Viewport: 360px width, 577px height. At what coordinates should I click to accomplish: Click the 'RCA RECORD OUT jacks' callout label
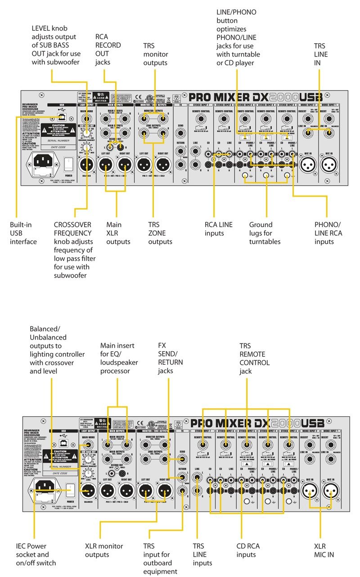point(108,49)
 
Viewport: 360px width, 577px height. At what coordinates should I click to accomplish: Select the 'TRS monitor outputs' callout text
point(155,54)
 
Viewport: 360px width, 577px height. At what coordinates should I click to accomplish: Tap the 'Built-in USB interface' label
point(23,233)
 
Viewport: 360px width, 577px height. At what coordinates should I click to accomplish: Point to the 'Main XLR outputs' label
point(118,233)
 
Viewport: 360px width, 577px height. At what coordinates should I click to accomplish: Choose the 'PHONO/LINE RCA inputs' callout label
point(328,233)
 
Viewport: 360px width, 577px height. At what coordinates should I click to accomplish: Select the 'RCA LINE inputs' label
point(218,228)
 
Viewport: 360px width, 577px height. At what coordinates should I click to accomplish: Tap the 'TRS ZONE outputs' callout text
point(160,233)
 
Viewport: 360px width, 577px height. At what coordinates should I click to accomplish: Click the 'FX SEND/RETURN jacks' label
point(170,358)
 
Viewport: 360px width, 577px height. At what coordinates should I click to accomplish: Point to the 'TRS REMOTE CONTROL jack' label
point(254,358)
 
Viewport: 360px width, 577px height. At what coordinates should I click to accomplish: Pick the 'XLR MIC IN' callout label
point(324,550)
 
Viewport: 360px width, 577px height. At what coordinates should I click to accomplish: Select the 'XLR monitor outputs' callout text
point(104,550)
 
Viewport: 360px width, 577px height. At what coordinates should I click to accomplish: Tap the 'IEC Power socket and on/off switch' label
point(36,555)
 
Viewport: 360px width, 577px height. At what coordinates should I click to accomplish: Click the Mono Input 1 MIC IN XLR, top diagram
point(330,165)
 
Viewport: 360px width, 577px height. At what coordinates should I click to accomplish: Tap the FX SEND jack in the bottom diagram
point(181,459)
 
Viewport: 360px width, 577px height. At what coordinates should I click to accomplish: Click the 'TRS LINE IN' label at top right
point(320,54)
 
